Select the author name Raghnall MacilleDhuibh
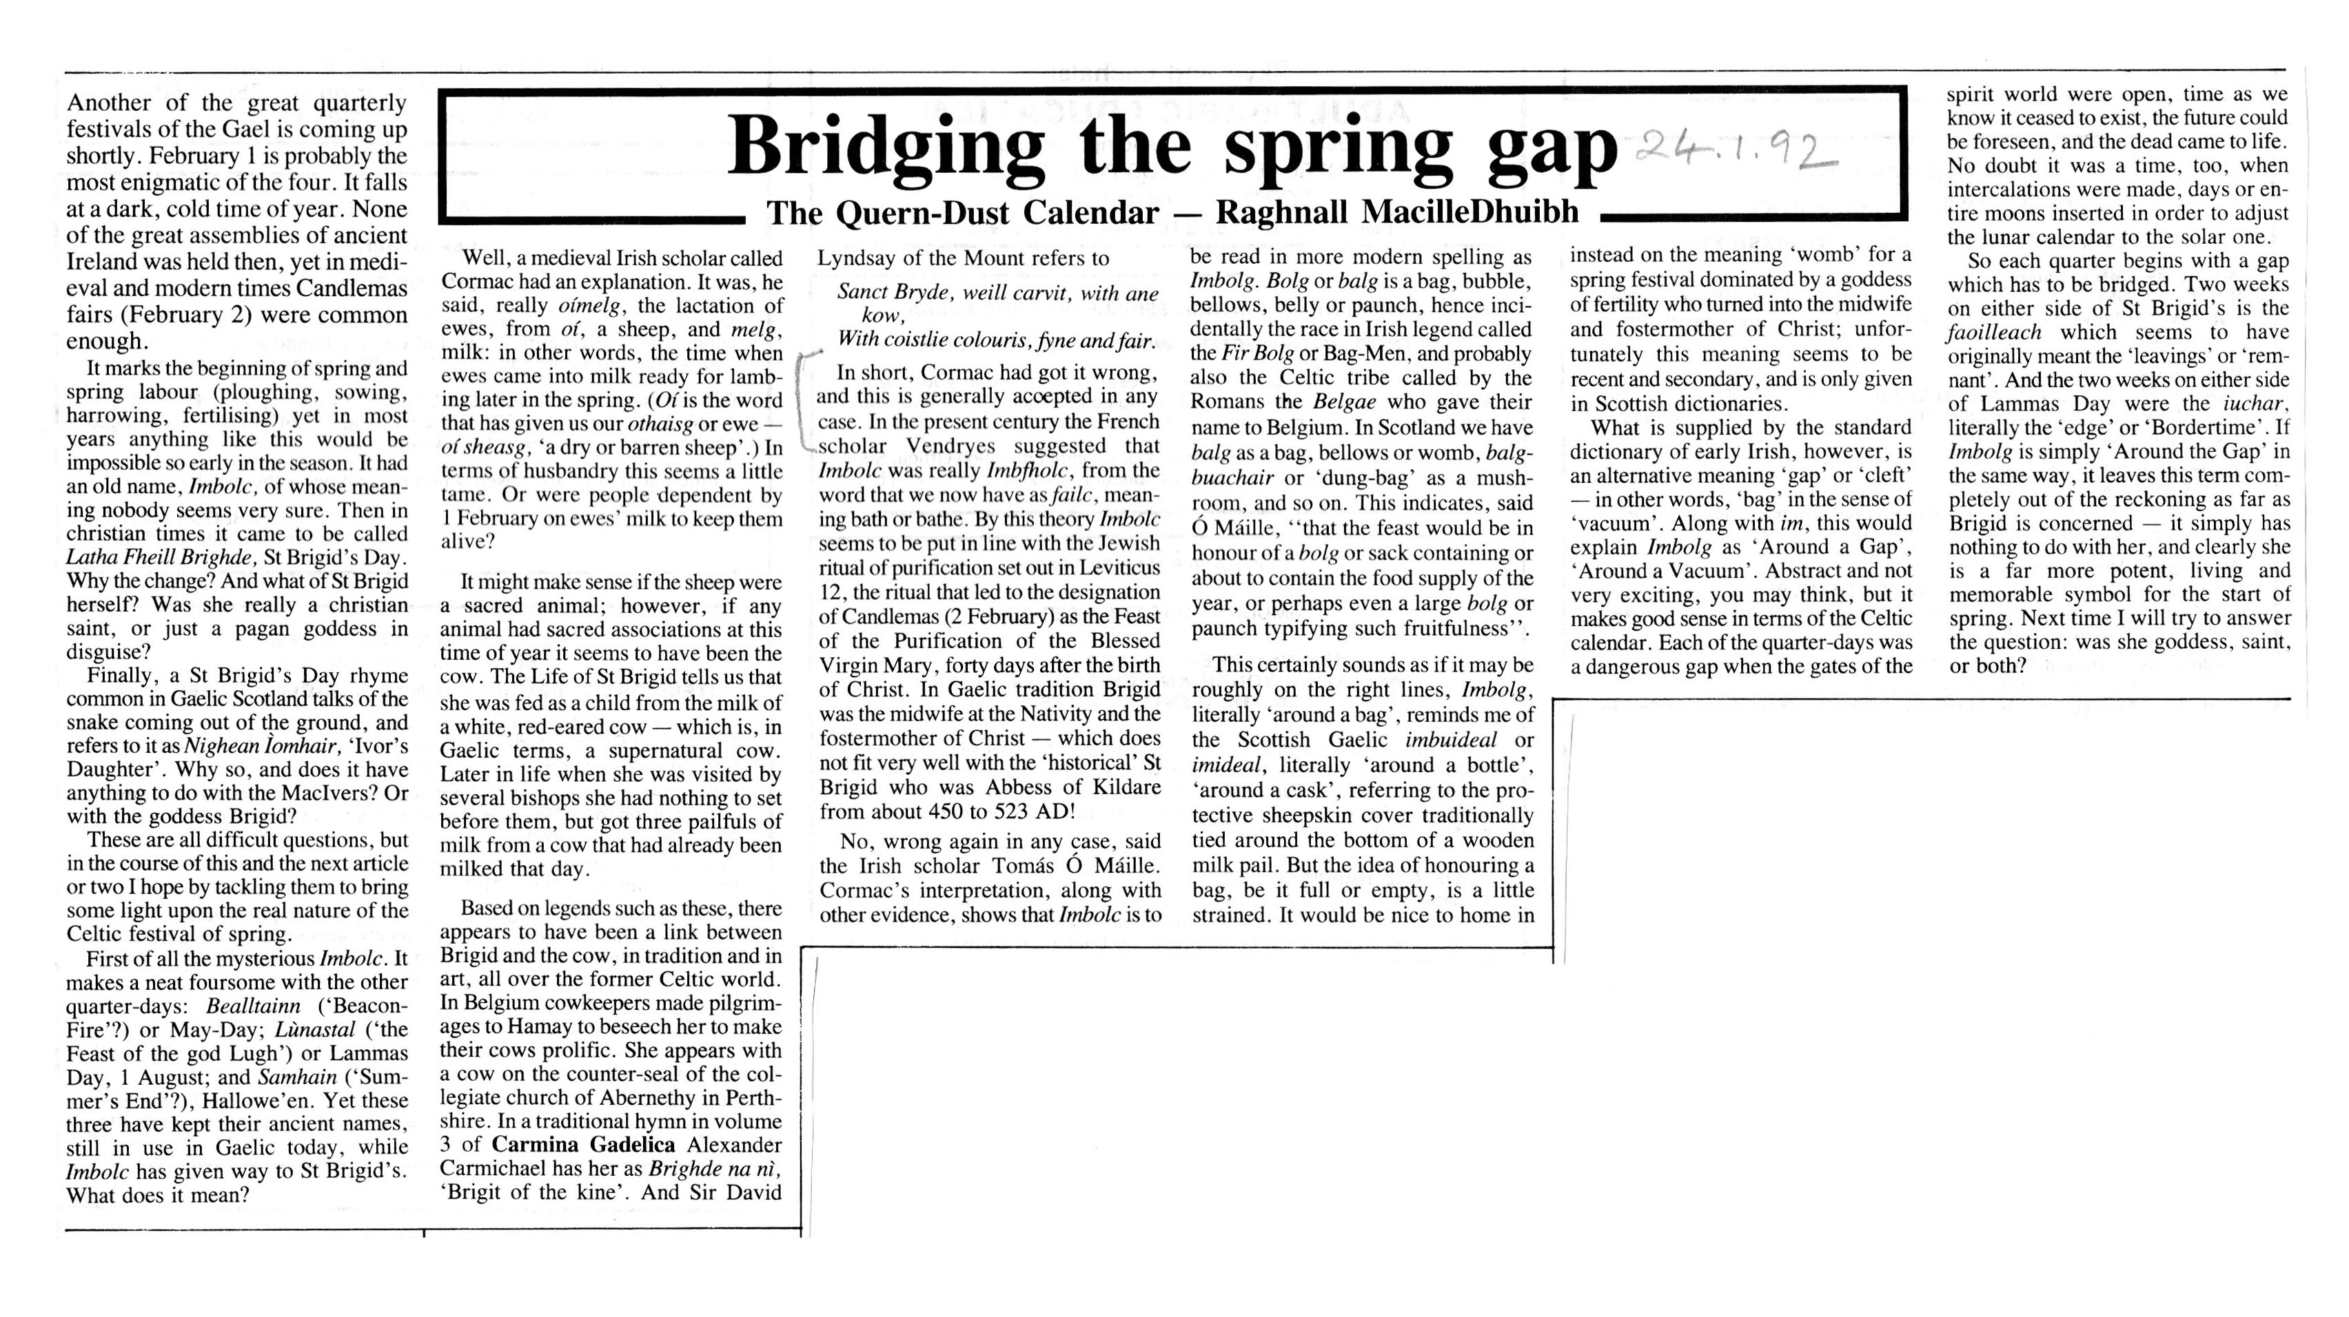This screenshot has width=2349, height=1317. [1397, 212]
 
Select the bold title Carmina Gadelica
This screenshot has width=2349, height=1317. [584, 1145]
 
